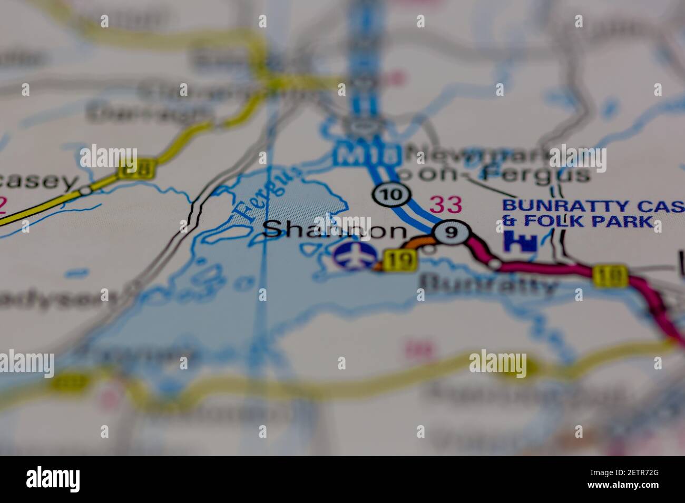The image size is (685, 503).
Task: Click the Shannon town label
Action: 334,230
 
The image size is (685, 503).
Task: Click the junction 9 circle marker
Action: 451,232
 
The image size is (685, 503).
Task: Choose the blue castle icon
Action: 520,240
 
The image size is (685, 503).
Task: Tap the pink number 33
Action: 445,205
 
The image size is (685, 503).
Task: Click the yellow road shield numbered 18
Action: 610,276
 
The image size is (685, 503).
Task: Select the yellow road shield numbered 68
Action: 136,168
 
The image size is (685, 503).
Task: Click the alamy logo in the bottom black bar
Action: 53,479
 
